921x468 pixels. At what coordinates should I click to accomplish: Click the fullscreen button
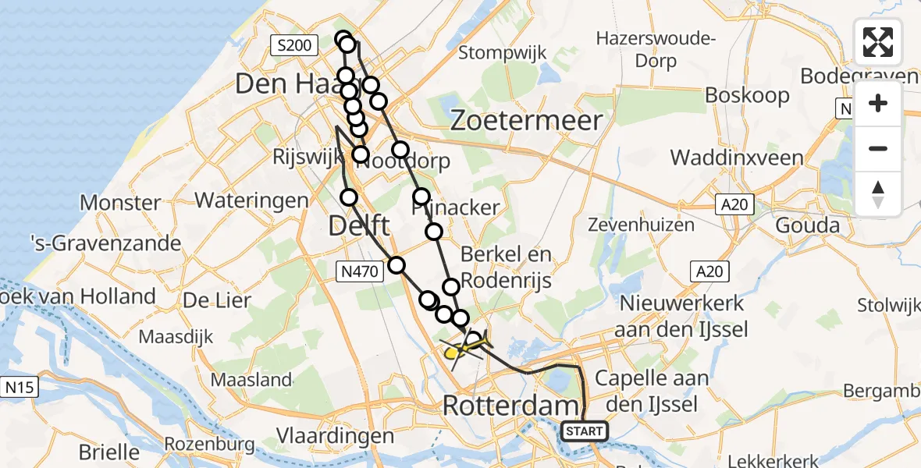878,42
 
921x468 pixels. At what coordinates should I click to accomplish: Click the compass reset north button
878,194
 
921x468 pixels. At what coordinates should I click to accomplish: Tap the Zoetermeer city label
527,121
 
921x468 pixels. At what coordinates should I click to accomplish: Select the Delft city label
359,227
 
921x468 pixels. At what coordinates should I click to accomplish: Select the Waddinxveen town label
736,158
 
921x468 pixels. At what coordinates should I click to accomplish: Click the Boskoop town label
747,95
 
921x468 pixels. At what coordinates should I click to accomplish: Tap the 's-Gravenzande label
105,243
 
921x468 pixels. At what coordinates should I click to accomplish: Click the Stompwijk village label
503,53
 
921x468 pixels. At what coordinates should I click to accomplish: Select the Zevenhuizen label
642,225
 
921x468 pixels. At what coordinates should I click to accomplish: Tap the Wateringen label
251,200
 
